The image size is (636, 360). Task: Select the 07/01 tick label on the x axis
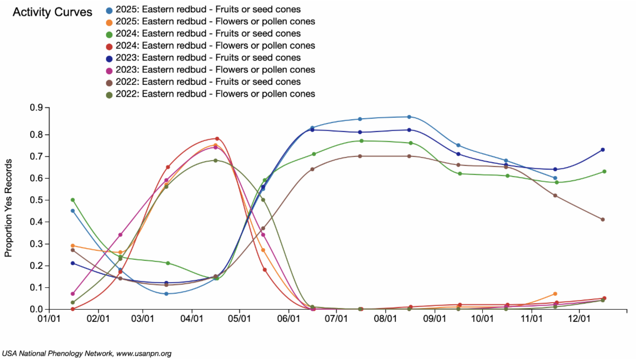[336, 320]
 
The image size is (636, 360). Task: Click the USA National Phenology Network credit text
[86, 353]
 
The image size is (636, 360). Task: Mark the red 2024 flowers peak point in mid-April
[217, 138]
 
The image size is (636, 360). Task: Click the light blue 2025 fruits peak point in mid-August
[409, 117]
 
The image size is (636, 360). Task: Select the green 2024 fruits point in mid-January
[73, 200]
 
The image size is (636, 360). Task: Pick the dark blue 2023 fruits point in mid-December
[603, 150]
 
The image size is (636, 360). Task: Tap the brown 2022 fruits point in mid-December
[603, 219]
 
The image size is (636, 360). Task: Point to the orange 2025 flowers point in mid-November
[555, 294]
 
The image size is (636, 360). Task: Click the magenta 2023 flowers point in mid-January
[73, 294]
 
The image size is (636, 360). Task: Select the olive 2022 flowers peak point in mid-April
[215, 161]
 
